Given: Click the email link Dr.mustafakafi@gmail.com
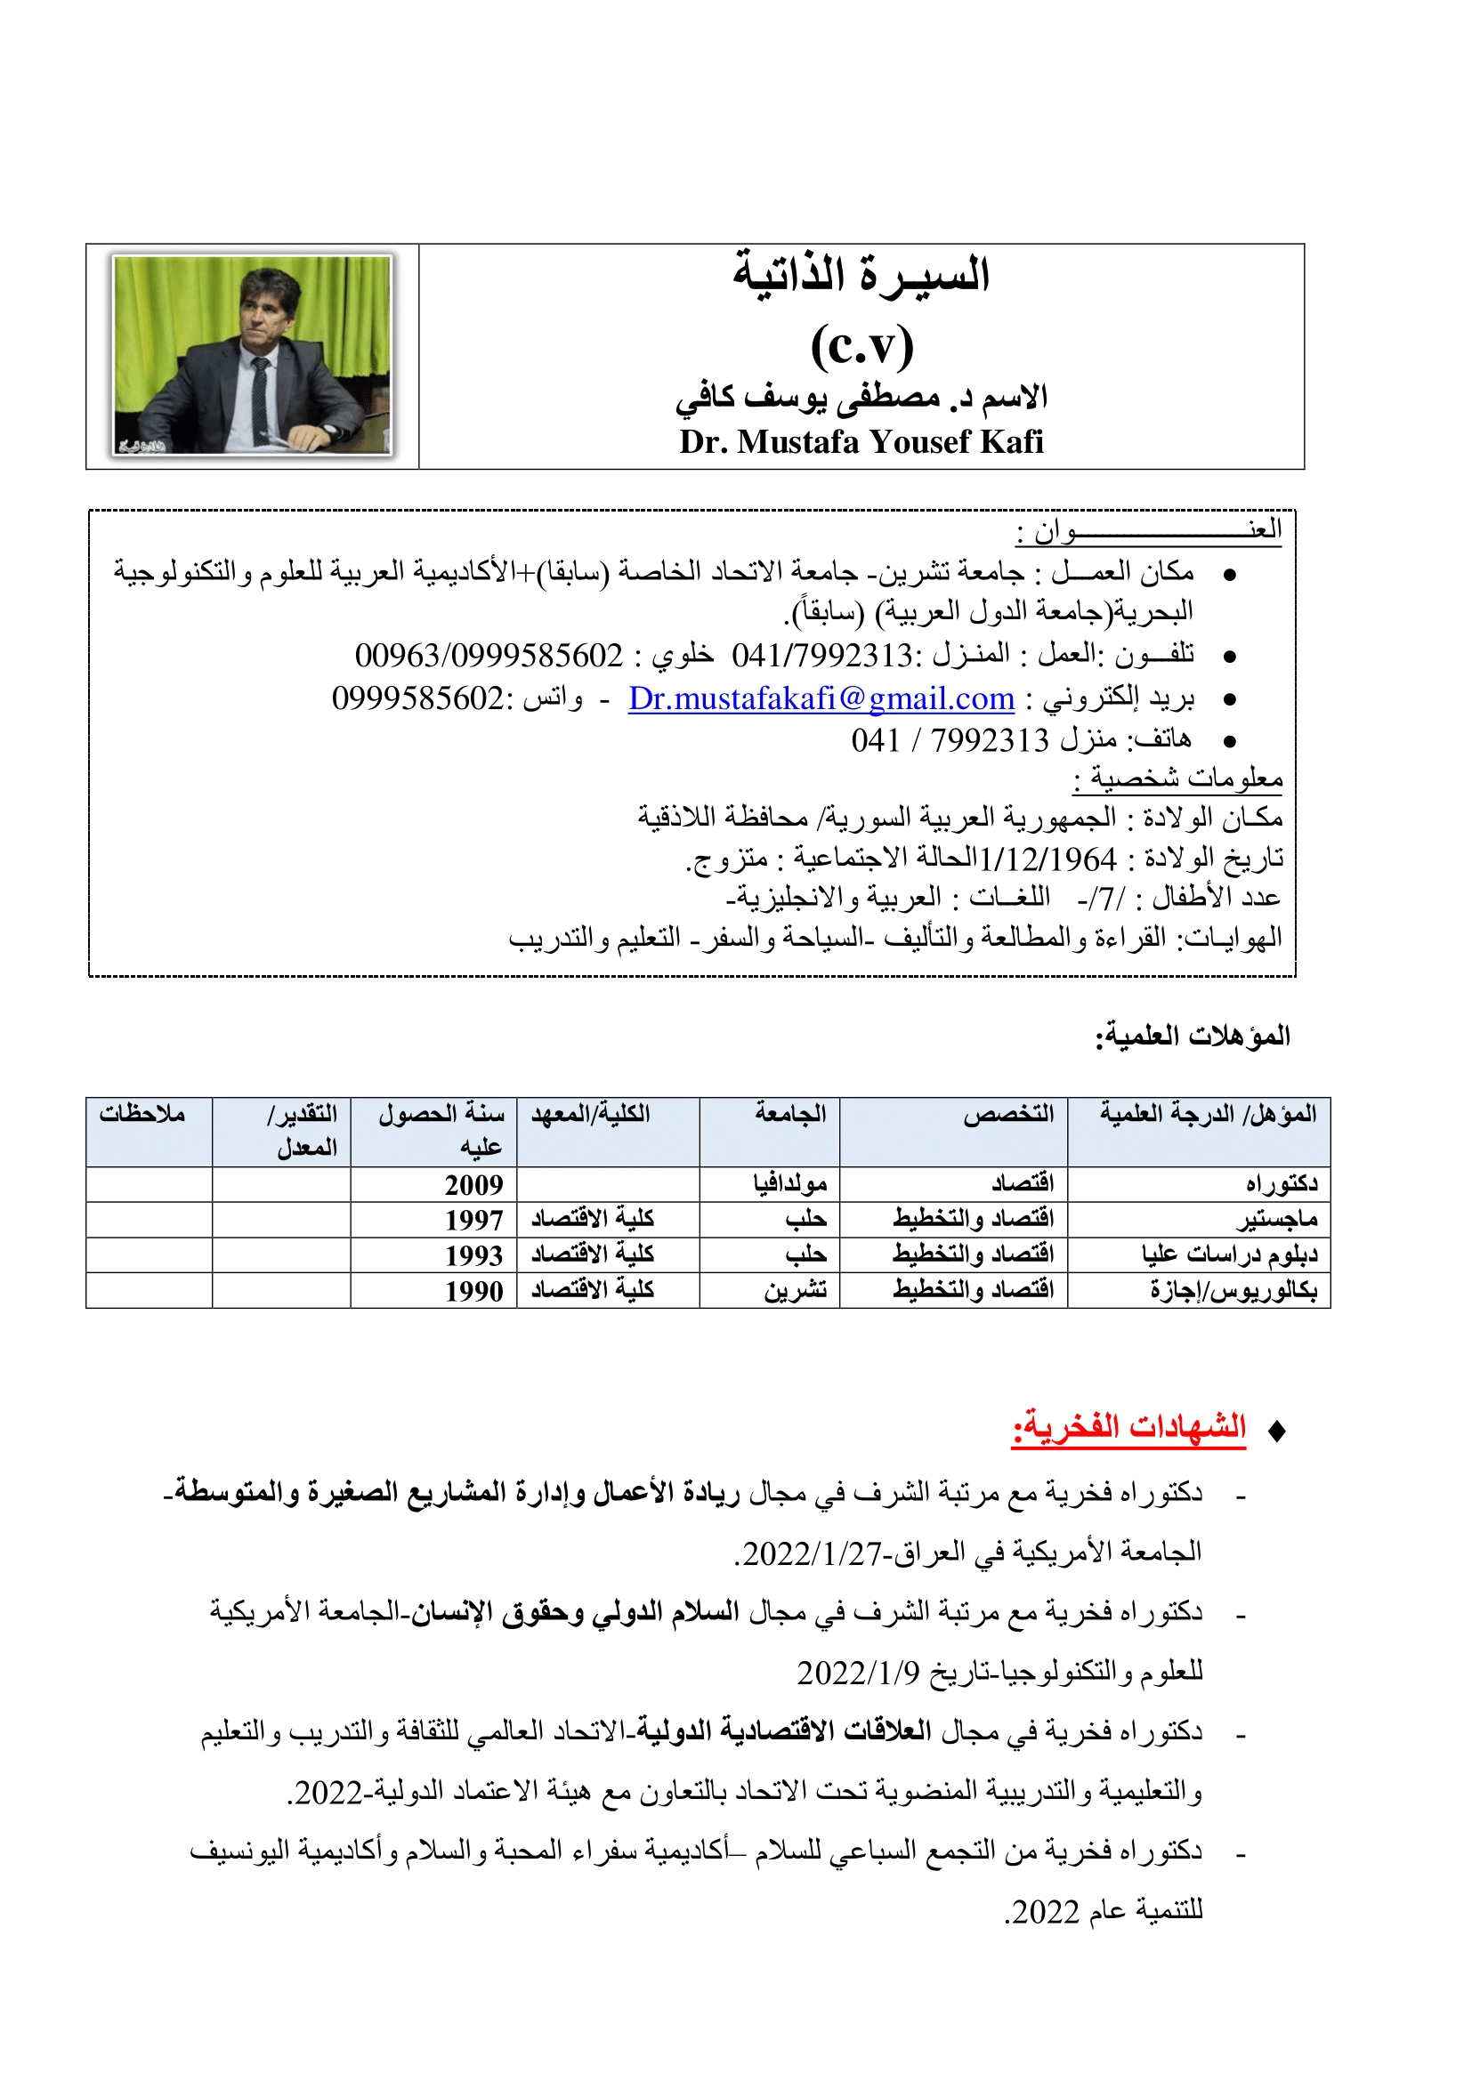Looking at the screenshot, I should (821, 698).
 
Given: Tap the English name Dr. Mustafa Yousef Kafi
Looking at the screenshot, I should (861, 442).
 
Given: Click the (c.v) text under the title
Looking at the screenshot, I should (861, 345).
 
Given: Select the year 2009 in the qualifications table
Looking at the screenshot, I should (473, 1184).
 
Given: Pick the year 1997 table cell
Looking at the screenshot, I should (473, 1220).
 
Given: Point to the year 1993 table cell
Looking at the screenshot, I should (473, 1255).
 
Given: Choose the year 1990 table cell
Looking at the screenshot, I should (473, 1291).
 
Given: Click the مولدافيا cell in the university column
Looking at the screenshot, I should (789, 1183).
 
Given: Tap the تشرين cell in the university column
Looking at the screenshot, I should (795, 1290).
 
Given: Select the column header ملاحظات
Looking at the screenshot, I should (142, 1114).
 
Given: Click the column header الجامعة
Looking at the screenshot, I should (790, 1114).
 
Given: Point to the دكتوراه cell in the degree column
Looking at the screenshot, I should (1281, 1183).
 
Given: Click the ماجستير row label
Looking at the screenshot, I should (1278, 1220).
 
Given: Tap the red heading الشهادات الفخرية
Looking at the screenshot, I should (1128, 1426).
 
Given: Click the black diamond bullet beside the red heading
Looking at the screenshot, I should (1276, 1432).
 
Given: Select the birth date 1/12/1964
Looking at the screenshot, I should (1047, 859).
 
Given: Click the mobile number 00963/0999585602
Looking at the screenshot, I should (489, 656).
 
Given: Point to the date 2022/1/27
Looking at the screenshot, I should (813, 1553).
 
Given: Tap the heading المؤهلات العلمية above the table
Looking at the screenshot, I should (1192, 1035).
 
